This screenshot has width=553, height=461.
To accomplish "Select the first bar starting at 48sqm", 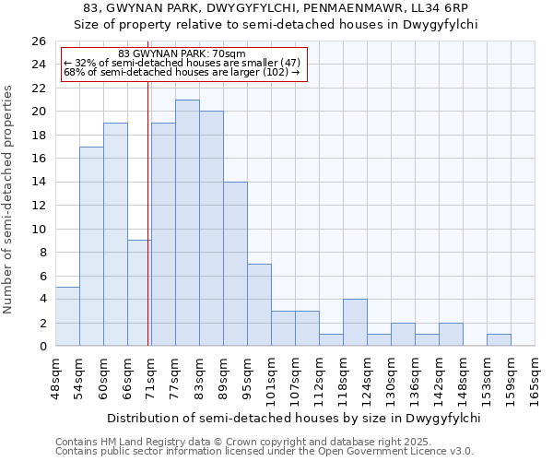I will pos(67,316).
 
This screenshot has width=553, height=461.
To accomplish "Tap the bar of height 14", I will pos(235,264).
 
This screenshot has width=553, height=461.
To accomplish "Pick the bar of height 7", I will pos(259,305).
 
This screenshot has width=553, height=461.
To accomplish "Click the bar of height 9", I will pos(139,293).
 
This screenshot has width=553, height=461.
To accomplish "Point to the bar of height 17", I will pos(91,246).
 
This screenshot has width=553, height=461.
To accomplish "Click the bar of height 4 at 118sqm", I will pos(355,323).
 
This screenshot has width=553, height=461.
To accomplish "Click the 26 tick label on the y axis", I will pos(38,41).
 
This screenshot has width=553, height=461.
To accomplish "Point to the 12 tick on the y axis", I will pos(38,206).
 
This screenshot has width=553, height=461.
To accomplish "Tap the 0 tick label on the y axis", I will pos(41,347).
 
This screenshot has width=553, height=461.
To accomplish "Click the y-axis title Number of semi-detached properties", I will pos(9,199).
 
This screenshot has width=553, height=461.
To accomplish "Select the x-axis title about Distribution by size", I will pos(294,418).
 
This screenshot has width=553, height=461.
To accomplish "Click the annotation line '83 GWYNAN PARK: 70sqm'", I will pos(182,54).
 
